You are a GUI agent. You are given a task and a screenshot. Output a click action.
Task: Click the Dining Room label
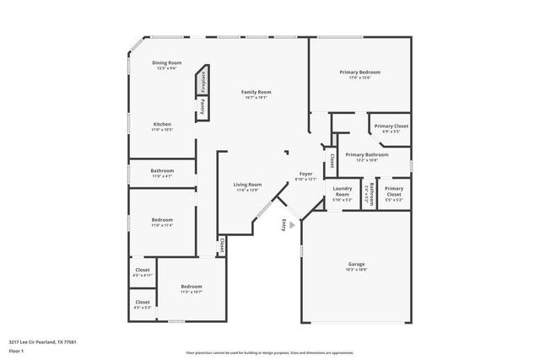point(165,66)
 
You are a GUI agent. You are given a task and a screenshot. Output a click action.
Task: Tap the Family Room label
point(256,94)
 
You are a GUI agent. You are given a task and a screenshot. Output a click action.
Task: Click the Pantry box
point(203,108)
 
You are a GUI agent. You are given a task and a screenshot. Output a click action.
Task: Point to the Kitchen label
point(162,127)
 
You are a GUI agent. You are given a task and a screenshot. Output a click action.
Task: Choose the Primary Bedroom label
point(355,75)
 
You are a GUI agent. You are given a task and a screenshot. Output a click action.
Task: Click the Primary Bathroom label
point(367,157)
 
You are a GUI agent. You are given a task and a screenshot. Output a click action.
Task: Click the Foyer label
point(306,176)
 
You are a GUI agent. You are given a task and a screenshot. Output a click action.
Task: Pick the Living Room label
point(248,187)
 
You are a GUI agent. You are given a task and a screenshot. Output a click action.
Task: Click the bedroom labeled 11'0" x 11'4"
point(161,223)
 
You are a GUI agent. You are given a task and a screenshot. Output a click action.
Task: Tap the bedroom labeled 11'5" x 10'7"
point(191,289)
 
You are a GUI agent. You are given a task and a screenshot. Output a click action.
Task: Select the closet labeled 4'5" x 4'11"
point(143,272)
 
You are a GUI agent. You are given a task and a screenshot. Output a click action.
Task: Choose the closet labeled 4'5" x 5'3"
point(143,304)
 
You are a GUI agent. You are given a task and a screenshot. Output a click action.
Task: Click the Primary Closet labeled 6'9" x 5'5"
point(391,128)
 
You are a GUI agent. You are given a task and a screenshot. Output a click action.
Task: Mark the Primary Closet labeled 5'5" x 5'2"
point(394,192)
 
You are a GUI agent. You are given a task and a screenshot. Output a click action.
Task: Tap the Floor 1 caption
point(17,350)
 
